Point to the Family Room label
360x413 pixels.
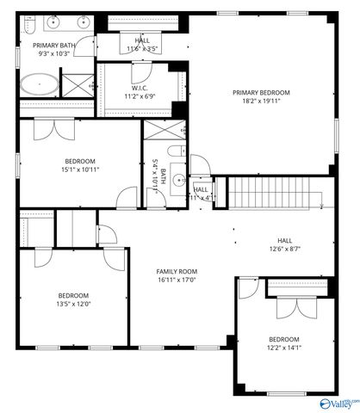pos(177,270)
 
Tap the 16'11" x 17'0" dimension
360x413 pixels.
pos(177,279)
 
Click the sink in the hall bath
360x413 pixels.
pos(177,181)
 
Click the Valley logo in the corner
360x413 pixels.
pos(338,403)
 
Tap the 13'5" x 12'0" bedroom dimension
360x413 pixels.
pos(74,303)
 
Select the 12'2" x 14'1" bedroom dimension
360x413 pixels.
pos(283,348)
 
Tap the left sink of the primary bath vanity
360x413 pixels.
pos(54,22)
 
